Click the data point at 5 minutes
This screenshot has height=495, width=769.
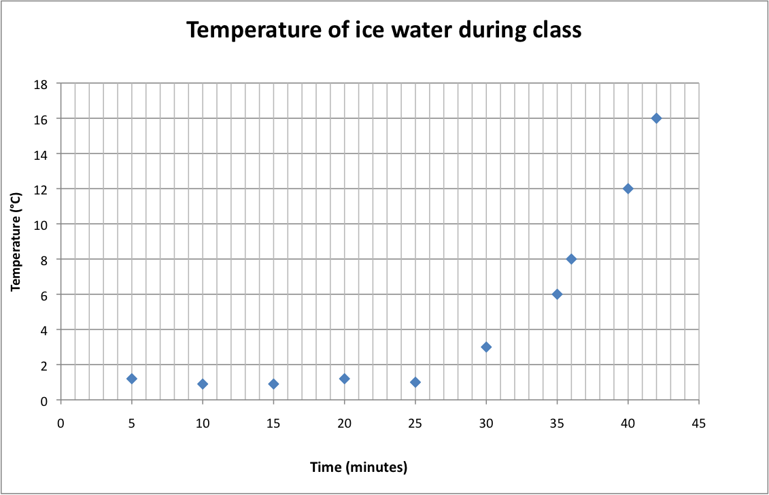click(132, 379)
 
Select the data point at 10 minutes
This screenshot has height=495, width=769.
click(203, 384)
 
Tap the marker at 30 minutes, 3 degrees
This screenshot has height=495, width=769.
click(486, 347)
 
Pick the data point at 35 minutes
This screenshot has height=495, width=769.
click(557, 294)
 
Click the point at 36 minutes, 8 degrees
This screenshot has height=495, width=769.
click(571, 259)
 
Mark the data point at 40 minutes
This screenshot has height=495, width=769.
click(628, 188)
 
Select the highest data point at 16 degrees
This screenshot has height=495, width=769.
click(656, 118)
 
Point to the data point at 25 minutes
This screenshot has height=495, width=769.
click(415, 382)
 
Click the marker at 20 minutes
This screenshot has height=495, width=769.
click(345, 379)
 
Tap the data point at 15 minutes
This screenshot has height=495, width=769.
click(273, 384)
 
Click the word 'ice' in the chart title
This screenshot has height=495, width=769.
click(362, 31)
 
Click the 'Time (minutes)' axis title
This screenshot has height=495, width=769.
click(358, 467)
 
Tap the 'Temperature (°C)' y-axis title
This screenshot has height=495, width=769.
click(16, 241)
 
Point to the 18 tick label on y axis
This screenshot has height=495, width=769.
click(41, 84)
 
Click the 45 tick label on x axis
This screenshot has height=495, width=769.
click(698, 424)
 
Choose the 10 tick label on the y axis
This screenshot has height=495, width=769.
click(41, 224)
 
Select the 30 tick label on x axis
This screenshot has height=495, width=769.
click(486, 424)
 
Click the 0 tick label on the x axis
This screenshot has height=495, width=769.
click(61, 424)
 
